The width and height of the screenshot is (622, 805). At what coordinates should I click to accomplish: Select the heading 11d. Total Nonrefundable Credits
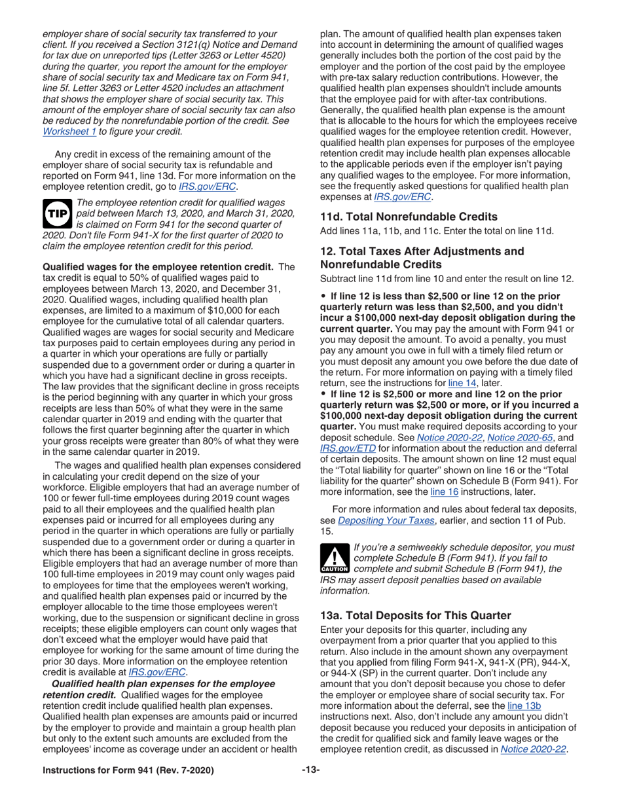point(409,217)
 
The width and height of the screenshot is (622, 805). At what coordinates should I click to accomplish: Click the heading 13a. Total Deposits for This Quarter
point(415,615)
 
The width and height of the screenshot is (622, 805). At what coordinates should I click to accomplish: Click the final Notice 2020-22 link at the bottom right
point(532,749)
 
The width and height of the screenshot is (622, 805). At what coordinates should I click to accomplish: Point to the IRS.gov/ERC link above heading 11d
point(403,196)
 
